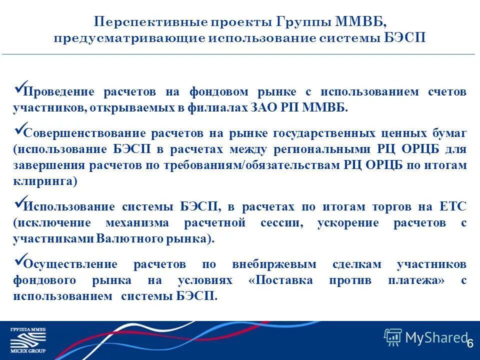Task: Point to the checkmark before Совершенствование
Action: [19, 130]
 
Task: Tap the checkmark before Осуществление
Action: [19, 261]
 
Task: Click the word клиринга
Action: [45, 181]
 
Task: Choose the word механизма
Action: [137, 222]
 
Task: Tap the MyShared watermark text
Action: [436, 338]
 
